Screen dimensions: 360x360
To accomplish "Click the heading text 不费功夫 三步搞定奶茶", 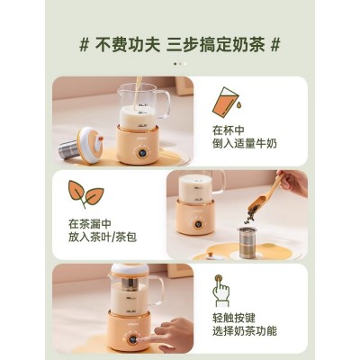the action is click(179, 45).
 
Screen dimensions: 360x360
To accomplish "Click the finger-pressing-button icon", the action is click(222, 290).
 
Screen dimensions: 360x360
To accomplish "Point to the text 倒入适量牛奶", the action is click(245, 144).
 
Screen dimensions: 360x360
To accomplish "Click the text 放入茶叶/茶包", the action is click(103, 237).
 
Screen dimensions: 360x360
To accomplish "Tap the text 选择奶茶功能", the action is click(245, 331).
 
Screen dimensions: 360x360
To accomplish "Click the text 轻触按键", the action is click(234, 318).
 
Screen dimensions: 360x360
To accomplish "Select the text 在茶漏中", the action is click(90, 224).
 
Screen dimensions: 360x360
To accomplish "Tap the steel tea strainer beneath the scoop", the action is click(247, 243).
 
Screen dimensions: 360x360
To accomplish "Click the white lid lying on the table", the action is click(90, 145).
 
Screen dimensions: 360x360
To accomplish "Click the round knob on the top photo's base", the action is click(142, 153).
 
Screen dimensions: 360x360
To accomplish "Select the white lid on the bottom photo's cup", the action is click(130, 269).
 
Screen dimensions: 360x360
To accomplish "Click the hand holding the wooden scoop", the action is click(292, 183).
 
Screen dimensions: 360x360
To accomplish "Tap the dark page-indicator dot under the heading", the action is click(175, 64).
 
